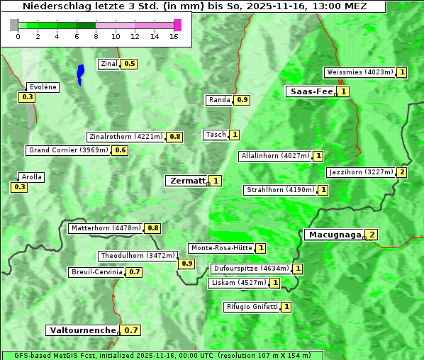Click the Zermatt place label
click(187, 181)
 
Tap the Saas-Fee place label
click(311, 91)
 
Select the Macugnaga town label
click(333, 235)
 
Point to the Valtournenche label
click(82, 330)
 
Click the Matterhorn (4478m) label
click(106, 228)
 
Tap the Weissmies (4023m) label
click(359, 72)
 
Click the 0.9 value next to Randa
click(242, 100)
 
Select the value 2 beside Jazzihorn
click(402, 172)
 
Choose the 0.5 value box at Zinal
click(129, 64)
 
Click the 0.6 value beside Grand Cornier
click(121, 150)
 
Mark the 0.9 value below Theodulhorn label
click(186, 263)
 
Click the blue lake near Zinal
click(80, 73)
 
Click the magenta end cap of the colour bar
click(177, 25)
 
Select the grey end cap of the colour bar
click(14, 25)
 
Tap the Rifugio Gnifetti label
click(252, 307)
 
